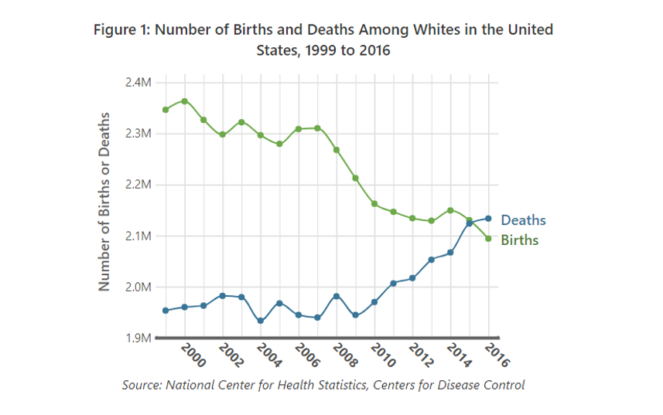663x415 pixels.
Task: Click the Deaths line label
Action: (523, 220)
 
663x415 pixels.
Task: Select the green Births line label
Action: (520, 240)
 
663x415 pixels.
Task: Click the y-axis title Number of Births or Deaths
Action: (104, 201)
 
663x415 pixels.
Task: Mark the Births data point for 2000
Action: (184, 100)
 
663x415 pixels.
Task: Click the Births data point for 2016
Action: (488, 239)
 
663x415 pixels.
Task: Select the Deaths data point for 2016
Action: (488, 218)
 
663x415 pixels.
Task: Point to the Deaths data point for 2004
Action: (260, 321)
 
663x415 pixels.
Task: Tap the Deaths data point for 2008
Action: (336, 296)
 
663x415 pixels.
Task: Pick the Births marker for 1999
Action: (166, 110)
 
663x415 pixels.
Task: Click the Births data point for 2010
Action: (374, 204)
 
